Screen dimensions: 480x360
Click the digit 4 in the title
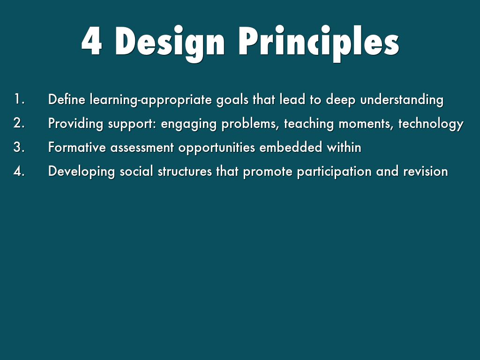pos(91,41)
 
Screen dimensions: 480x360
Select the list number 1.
pos(19,99)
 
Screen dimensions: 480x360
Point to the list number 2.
pos(19,123)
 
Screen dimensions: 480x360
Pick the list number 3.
pos(19,147)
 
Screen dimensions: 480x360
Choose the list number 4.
pos(19,171)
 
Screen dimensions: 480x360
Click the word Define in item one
pos(67,99)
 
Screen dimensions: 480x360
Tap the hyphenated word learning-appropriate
pos(150,100)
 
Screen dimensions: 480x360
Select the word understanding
pos(402,100)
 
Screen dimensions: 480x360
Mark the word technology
pos(431,124)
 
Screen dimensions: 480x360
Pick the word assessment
pos(142,148)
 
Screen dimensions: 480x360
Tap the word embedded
pos(291,147)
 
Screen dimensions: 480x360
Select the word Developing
pos(82,172)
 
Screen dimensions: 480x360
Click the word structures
pos(185,172)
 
